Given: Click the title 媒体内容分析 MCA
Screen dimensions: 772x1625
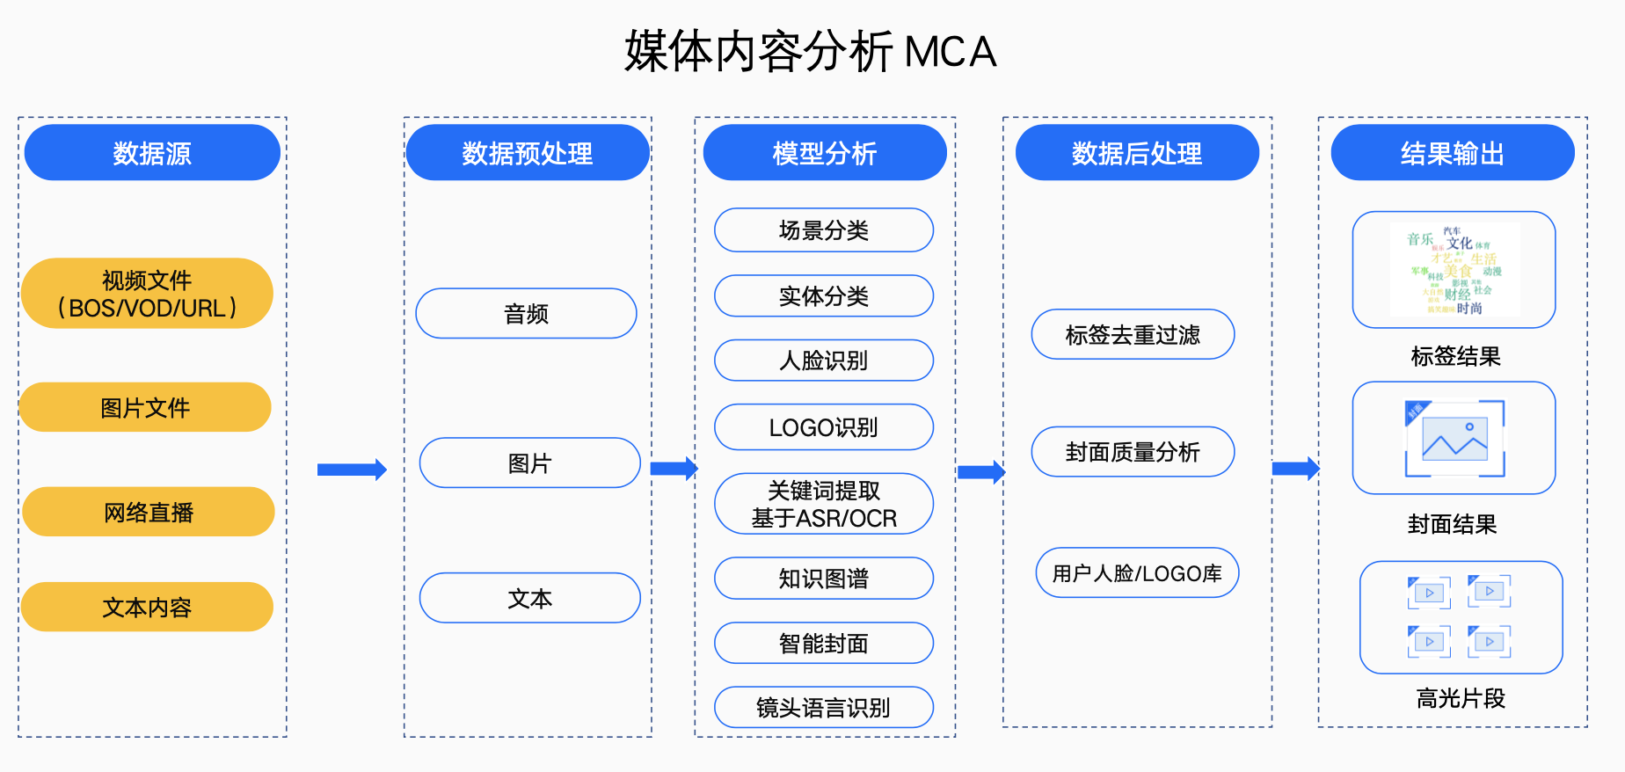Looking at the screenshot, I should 810,51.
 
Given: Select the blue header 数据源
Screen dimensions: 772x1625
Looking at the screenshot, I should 152,153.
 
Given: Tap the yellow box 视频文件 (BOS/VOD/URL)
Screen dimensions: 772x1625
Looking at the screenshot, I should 147,294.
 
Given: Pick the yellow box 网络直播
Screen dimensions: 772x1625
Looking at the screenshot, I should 148,512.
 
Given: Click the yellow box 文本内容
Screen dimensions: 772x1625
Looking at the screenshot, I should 147,607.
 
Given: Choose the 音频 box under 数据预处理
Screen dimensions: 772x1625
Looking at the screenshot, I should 526,314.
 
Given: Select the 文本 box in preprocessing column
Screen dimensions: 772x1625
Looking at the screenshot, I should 529,598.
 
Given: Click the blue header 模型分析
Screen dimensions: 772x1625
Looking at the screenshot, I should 824,153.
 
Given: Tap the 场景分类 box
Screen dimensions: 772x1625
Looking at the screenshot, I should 823,230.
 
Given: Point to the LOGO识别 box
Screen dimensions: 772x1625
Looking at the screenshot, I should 823,427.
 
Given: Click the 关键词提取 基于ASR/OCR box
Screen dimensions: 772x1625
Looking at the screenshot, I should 823,504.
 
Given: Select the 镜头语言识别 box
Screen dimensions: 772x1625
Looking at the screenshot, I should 823,707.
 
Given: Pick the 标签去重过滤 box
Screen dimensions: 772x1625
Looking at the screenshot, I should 1133,334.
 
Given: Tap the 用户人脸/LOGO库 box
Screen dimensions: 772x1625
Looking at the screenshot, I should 1137,573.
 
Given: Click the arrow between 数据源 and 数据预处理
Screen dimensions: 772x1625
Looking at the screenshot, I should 352,470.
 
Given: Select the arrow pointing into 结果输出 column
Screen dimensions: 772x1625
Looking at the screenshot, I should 1295,469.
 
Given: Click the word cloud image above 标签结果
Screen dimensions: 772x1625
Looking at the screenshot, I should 1454,270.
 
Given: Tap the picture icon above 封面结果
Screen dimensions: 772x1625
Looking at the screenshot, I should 1454,438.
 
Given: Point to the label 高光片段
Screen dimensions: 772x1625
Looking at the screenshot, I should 1461,698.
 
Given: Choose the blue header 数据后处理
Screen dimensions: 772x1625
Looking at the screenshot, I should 1136,153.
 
